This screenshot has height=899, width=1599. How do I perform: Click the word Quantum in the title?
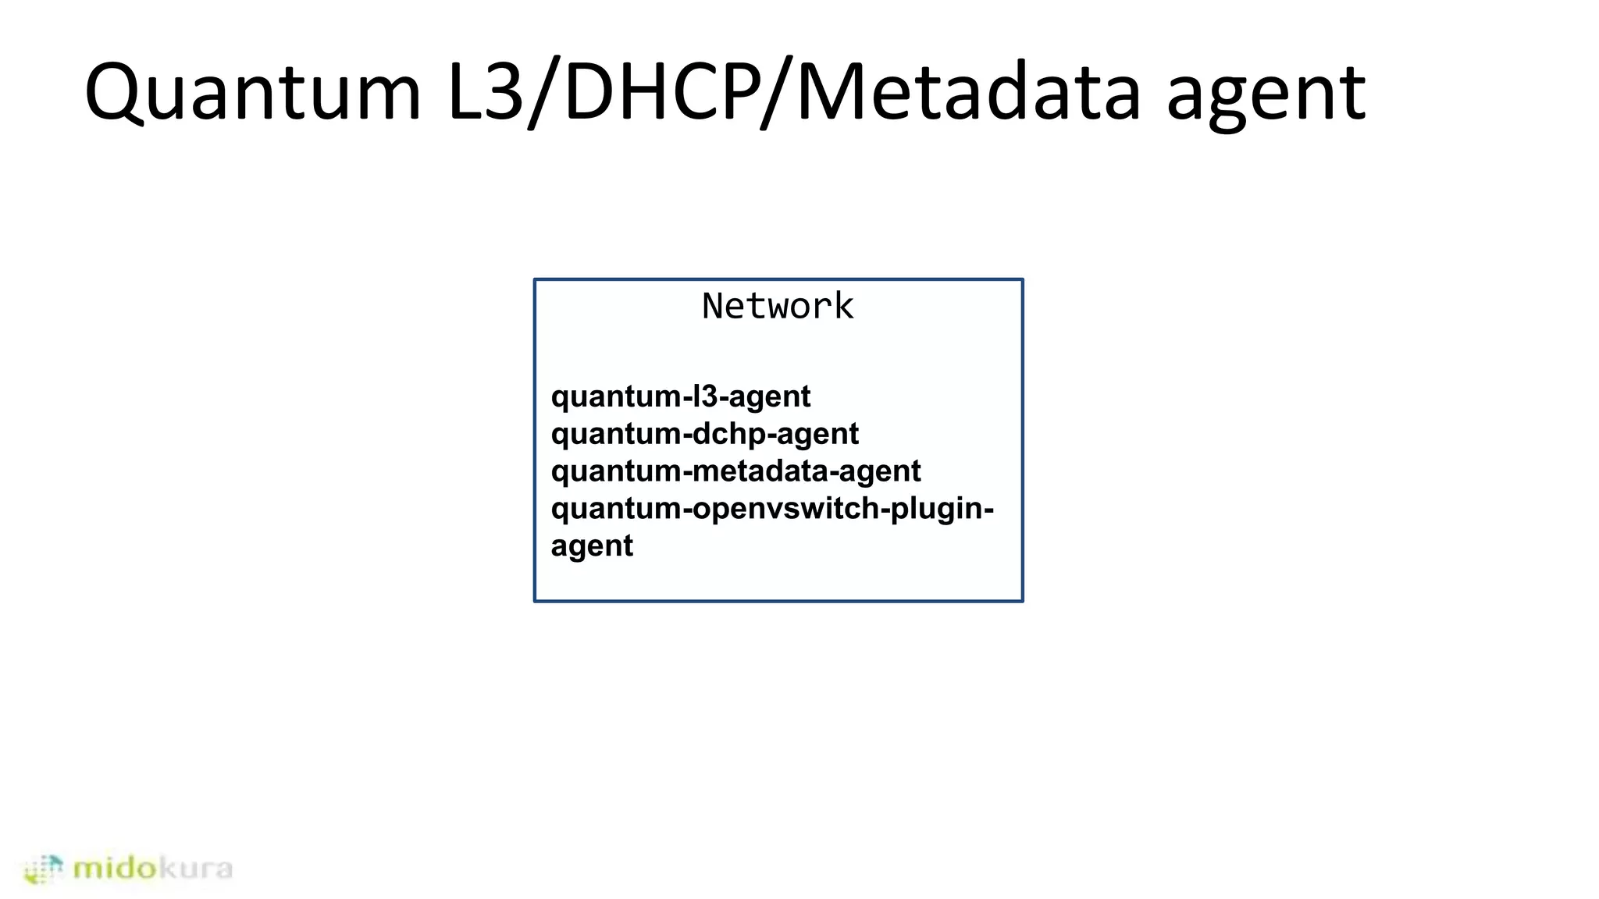click(252, 92)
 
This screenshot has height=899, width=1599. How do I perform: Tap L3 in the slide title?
click(485, 92)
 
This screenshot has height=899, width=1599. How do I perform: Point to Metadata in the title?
click(969, 92)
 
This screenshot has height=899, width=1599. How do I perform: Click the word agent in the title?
click(1266, 98)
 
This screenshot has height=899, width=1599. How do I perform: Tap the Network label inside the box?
click(778, 306)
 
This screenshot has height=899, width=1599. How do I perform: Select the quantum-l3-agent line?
click(681, 396)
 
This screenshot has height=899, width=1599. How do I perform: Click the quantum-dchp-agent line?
click(704, 434)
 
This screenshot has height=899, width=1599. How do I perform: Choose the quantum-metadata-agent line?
click(735, 471)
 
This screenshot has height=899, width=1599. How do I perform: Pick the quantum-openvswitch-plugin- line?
click(772, 509)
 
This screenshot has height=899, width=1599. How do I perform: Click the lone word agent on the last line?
click(592, 546)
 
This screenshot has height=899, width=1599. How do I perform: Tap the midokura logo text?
click(152, 868)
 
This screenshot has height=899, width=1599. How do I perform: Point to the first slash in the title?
click(543, 92)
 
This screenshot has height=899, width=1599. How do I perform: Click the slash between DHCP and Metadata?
click(778, 92)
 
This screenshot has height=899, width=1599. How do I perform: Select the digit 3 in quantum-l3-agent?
click(708, 396)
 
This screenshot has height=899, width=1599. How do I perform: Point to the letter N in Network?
click(714, 306)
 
